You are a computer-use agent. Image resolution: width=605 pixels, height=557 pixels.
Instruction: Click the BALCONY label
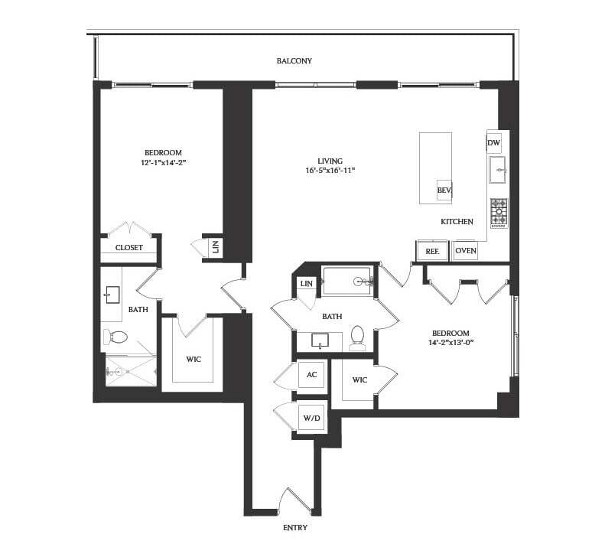(x=294, y=60)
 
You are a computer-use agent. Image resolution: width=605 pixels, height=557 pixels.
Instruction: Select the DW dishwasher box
(x=493, y=143)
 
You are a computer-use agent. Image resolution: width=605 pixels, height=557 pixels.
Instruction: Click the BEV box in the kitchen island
(x=443, y=191)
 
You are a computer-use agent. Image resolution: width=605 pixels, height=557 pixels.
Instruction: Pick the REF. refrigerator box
(x=426, y=250)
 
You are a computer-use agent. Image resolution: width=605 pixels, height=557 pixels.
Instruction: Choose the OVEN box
(x=466, y=250)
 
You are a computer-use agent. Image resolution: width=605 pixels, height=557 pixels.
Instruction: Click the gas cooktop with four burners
(x=499, y=212)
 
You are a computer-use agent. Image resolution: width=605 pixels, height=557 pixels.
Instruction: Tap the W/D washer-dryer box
(x=311, y=419)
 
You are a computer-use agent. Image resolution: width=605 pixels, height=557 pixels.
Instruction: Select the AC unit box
(x=311, y=375)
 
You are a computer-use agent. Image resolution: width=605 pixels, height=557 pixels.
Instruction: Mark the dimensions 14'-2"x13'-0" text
(x=450, y=343)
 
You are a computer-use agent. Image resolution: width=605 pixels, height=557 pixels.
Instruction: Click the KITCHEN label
(x=457, y=222)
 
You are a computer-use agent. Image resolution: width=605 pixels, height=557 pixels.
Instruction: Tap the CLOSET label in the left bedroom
(x=129, y=248)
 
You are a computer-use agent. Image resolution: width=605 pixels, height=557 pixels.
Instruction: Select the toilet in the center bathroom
(x=357, y=337)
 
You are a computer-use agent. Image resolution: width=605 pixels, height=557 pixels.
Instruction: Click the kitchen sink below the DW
(x=499, y=172)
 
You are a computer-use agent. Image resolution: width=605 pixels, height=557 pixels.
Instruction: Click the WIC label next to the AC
(x=359, y=380)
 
